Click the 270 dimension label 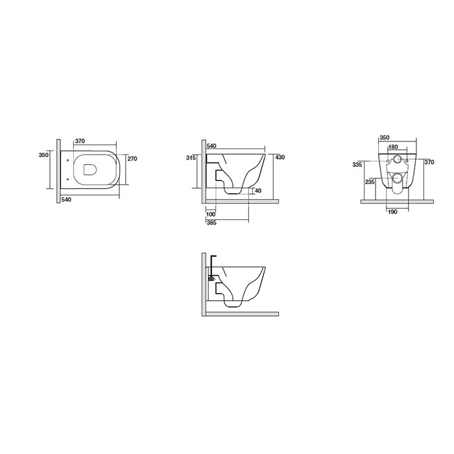(x=132, y=159)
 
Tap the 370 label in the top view (x=80, y=141)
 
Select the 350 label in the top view (x=43, y=155)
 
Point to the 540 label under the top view (x=66, y=200)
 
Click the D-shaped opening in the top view (x=90, y=170)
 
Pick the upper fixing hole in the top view (x=67, y=160)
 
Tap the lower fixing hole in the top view (x=67, y=179)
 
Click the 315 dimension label (x=191, y=158)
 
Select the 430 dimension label (x=280, y=157)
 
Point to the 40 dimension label (x=258, y=191)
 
